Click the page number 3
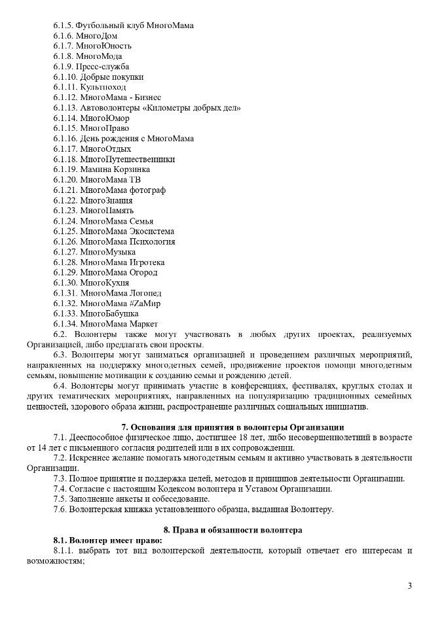(x=410, y=585)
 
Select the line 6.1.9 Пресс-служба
(x=91, y=66)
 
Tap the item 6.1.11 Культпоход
(x=90, y=87)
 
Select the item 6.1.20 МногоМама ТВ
(x=97, y=179)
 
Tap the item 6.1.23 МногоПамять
(x=94, y=211)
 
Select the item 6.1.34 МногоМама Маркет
(x=105, y=324)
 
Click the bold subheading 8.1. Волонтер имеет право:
(x=108, y=540)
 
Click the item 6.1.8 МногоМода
(x=90, y=56)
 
